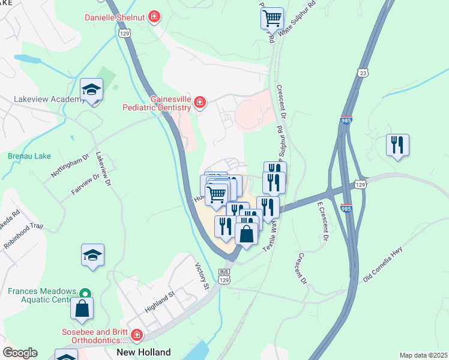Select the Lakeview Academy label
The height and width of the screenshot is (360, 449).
point(50,99)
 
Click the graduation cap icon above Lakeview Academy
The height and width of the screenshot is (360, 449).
point(92,91)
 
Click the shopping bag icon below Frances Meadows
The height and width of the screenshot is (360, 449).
point(82,309)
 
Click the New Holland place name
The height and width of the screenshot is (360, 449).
point(143,352)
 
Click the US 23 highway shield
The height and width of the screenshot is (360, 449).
point(362,72)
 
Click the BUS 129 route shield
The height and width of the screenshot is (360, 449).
point(224,277)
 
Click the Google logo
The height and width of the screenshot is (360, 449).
point(20,352)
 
